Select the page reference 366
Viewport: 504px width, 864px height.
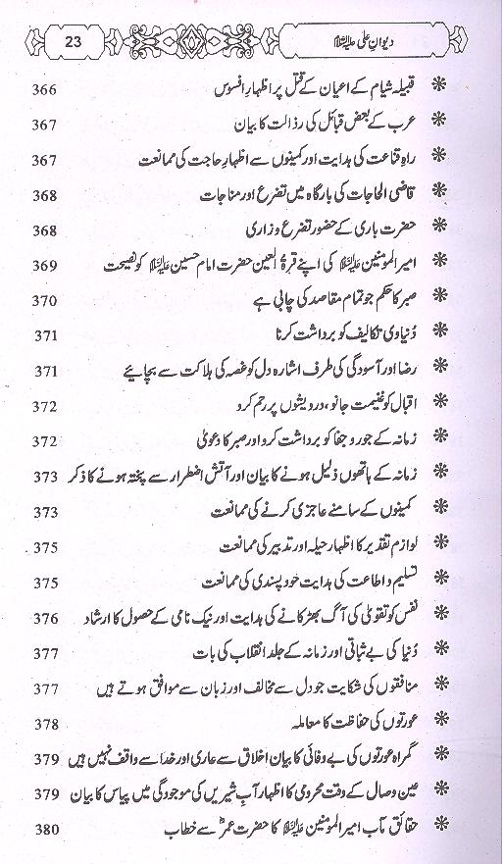[43, 91]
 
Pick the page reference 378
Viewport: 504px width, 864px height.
[43, 724]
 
